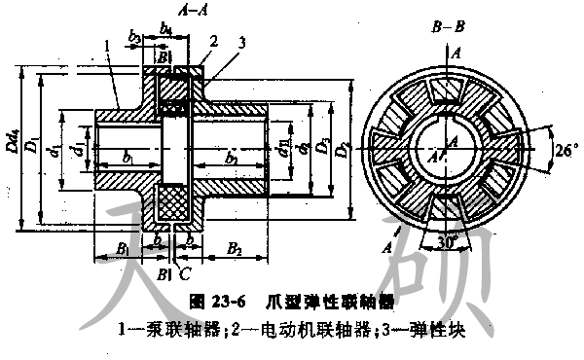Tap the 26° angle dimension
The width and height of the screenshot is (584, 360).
566,151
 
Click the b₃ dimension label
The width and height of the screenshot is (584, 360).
135,38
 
